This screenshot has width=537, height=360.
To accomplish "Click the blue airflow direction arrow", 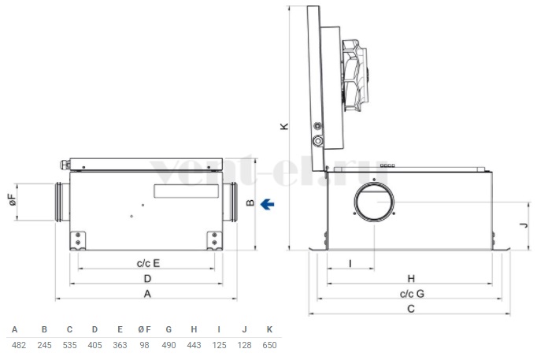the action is tap(267, 205).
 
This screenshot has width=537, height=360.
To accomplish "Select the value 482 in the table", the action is tap(18, 345).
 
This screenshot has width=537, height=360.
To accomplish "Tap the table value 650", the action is tap(269, 345).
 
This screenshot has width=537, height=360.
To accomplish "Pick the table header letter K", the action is tap(269, 329).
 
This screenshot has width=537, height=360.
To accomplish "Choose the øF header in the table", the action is tap(144, 329).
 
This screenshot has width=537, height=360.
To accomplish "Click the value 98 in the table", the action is tap(144, 345).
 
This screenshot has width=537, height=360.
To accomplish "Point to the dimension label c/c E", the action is tap(148, 263).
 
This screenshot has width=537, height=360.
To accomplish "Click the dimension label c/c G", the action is tap(412, 294).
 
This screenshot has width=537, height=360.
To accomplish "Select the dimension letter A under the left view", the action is tap(147, 294).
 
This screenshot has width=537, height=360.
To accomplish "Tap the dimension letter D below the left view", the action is tap(147, 279).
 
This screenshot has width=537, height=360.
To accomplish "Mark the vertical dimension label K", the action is tap(284, 126).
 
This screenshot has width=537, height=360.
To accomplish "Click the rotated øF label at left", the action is tap(13, 200).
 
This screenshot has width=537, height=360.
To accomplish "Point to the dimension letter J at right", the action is tap(524, 225).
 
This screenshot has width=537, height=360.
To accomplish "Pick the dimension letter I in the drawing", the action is tap(350, 263).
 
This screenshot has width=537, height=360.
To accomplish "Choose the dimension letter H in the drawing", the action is tap(411, 279).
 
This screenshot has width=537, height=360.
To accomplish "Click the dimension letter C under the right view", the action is tap(411, 309).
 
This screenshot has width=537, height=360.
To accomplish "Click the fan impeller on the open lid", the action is tap(355, 76).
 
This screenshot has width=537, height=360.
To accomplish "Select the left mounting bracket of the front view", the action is tap(78, 241).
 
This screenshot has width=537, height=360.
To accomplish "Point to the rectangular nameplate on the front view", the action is tap(187, 191).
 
